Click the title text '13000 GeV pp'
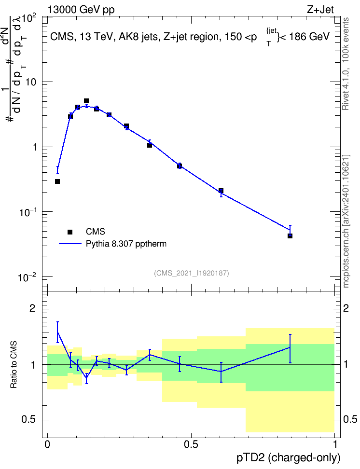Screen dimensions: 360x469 point(81,10)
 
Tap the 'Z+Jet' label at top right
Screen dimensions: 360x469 point(320,10)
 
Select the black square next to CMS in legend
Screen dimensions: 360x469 point(70,232)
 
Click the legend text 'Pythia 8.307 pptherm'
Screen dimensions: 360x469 point(126,244)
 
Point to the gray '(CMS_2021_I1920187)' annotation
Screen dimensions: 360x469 point(192,273)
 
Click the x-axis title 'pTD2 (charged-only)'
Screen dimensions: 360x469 point(289,457)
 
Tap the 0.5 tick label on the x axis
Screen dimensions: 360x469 point(191,444)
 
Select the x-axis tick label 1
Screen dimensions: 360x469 point(335,444)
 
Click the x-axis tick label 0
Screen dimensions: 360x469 point(47,444)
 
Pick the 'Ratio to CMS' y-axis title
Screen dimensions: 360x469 point(14,365)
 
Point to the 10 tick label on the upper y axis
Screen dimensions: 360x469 point(31,82)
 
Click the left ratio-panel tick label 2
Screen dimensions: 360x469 point(32,308)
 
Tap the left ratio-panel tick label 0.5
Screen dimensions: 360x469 point(29,420)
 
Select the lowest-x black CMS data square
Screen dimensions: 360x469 point(57,181)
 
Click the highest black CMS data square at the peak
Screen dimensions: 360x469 point(86,101)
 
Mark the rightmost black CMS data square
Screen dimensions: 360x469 point(290,236)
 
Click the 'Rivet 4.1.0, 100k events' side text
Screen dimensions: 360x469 point(346,64)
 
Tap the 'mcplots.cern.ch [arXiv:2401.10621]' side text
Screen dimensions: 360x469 point(346,221)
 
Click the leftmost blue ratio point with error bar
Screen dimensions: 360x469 point(57,331)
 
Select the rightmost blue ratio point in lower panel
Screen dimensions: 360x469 point(290,347)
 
